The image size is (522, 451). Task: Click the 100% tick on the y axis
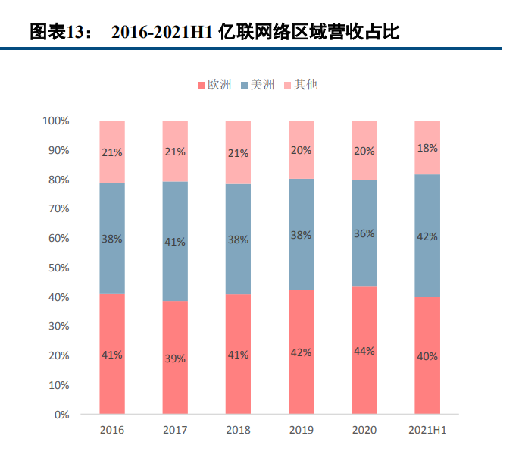click(56, 121)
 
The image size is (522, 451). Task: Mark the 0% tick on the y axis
click(61, 415)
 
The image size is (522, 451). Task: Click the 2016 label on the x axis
click(112, 431)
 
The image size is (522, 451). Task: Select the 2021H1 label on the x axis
click(427, 431)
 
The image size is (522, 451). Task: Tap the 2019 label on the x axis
click(301, 431)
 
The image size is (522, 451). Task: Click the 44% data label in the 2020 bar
click(364, 350)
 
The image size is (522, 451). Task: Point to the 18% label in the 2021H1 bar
click(427, 148)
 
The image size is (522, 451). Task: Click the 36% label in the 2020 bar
click(364, 233)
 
